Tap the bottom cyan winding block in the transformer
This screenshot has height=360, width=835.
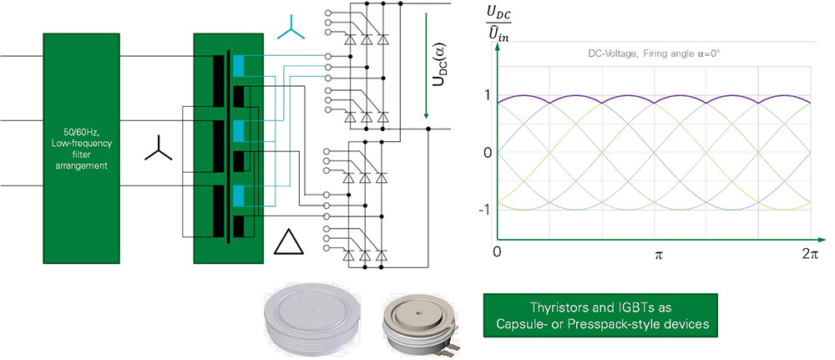(x=240, y=195)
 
